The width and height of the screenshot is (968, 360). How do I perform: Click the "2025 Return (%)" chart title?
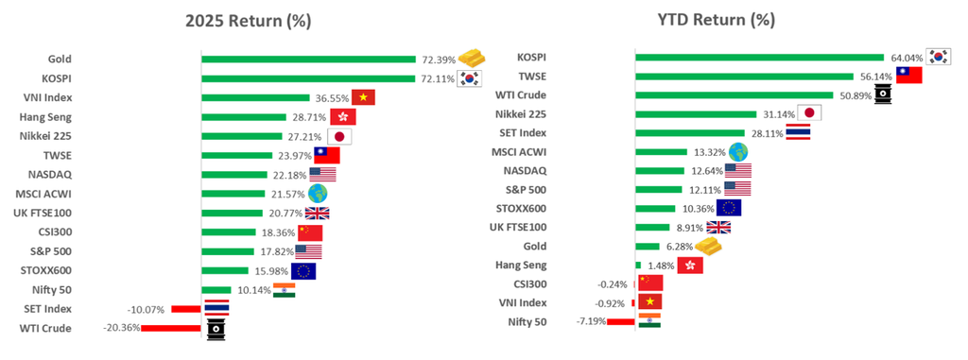tap(249, 21)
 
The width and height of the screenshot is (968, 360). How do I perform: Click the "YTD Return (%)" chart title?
tap(716, 20)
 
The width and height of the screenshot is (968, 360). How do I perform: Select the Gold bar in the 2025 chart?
tap(309, 60)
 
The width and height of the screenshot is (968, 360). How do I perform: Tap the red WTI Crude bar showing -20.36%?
tap(171, 329)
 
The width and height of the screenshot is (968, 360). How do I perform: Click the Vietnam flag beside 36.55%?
tap(364, 97)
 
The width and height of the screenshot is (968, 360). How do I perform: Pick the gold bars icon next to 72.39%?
tap(472, 58)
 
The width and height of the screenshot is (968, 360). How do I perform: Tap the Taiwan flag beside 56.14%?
tap(908, 76)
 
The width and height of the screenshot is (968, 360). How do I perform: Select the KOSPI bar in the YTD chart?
tap(760, 58)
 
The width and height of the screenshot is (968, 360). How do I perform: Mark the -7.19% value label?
tap(592, 321)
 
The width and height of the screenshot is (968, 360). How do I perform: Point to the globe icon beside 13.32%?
tap(738, 152)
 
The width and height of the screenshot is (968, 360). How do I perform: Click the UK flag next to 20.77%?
tap(318, 213)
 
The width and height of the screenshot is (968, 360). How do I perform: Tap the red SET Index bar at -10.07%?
tap(186, 309)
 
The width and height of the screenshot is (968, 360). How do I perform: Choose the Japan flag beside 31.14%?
tap(810, 113)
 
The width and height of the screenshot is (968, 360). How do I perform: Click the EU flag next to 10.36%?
tap(729, 208)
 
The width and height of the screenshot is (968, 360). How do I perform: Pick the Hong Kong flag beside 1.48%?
tap(690, 266)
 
